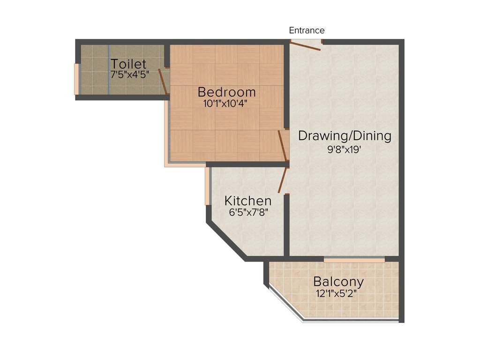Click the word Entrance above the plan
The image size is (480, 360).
click(x=307, y=30)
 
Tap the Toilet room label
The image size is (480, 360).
click(x=128, y=64)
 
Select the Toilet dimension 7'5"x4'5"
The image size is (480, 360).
click(x=130, y=75)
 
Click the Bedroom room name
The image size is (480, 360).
click(x=227, y=91)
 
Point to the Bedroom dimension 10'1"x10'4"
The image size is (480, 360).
click(x=225, y=104)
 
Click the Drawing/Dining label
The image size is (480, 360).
click(x=345, y=136)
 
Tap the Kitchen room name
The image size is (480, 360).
click(x=247, y=201)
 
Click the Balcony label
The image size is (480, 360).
click(x=338, y=282)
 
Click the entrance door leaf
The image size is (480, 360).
click(x=305, y=46)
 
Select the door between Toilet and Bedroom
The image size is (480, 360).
click(x=163, y=81)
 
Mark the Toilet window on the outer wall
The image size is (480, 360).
click(x=76, y=79)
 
